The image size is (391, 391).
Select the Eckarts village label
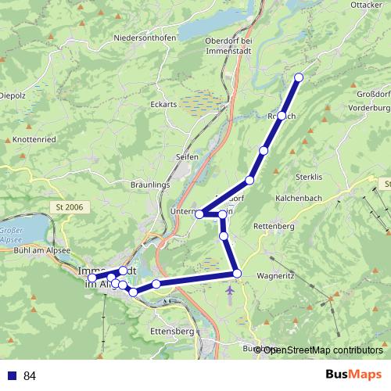163,103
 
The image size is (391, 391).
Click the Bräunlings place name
151,185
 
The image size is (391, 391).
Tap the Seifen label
187,156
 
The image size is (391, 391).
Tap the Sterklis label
310,177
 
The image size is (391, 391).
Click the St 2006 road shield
70,206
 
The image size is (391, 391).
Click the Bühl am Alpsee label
43,250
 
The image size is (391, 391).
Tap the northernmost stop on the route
299,77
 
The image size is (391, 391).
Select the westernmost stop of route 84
92,278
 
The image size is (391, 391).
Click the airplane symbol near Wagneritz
229,292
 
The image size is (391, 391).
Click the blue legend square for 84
10,376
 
